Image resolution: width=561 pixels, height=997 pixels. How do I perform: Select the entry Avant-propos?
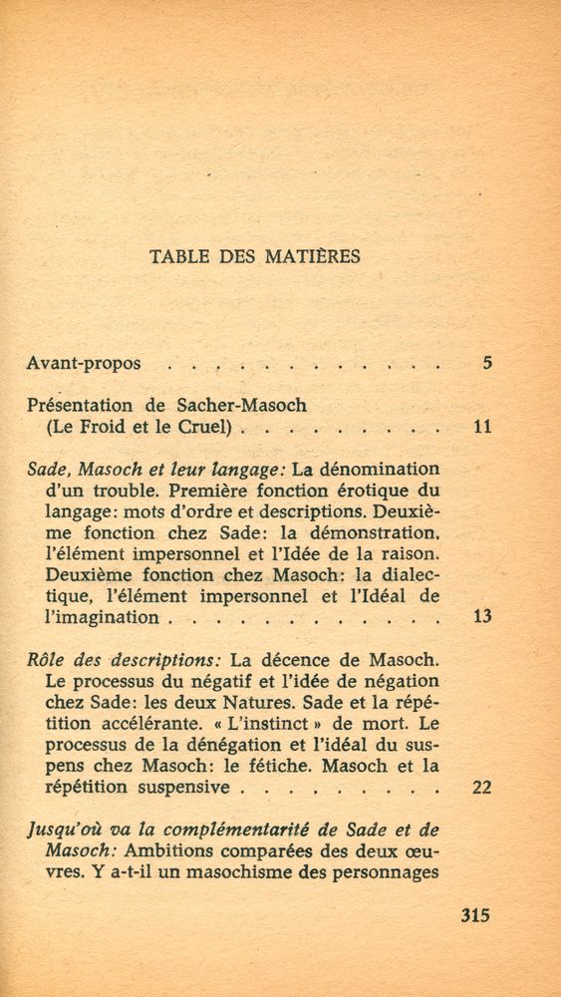(83, 364)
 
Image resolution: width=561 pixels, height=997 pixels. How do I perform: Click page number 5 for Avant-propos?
(486, 363)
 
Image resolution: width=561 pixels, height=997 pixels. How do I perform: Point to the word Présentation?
(82, 407)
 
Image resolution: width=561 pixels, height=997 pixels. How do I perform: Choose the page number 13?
(482, 617)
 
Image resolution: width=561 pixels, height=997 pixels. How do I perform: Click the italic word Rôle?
(46, 660)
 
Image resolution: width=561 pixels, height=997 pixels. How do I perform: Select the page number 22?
(482, 788)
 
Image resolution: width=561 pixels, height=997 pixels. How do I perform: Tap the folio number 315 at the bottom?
(476, 916)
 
